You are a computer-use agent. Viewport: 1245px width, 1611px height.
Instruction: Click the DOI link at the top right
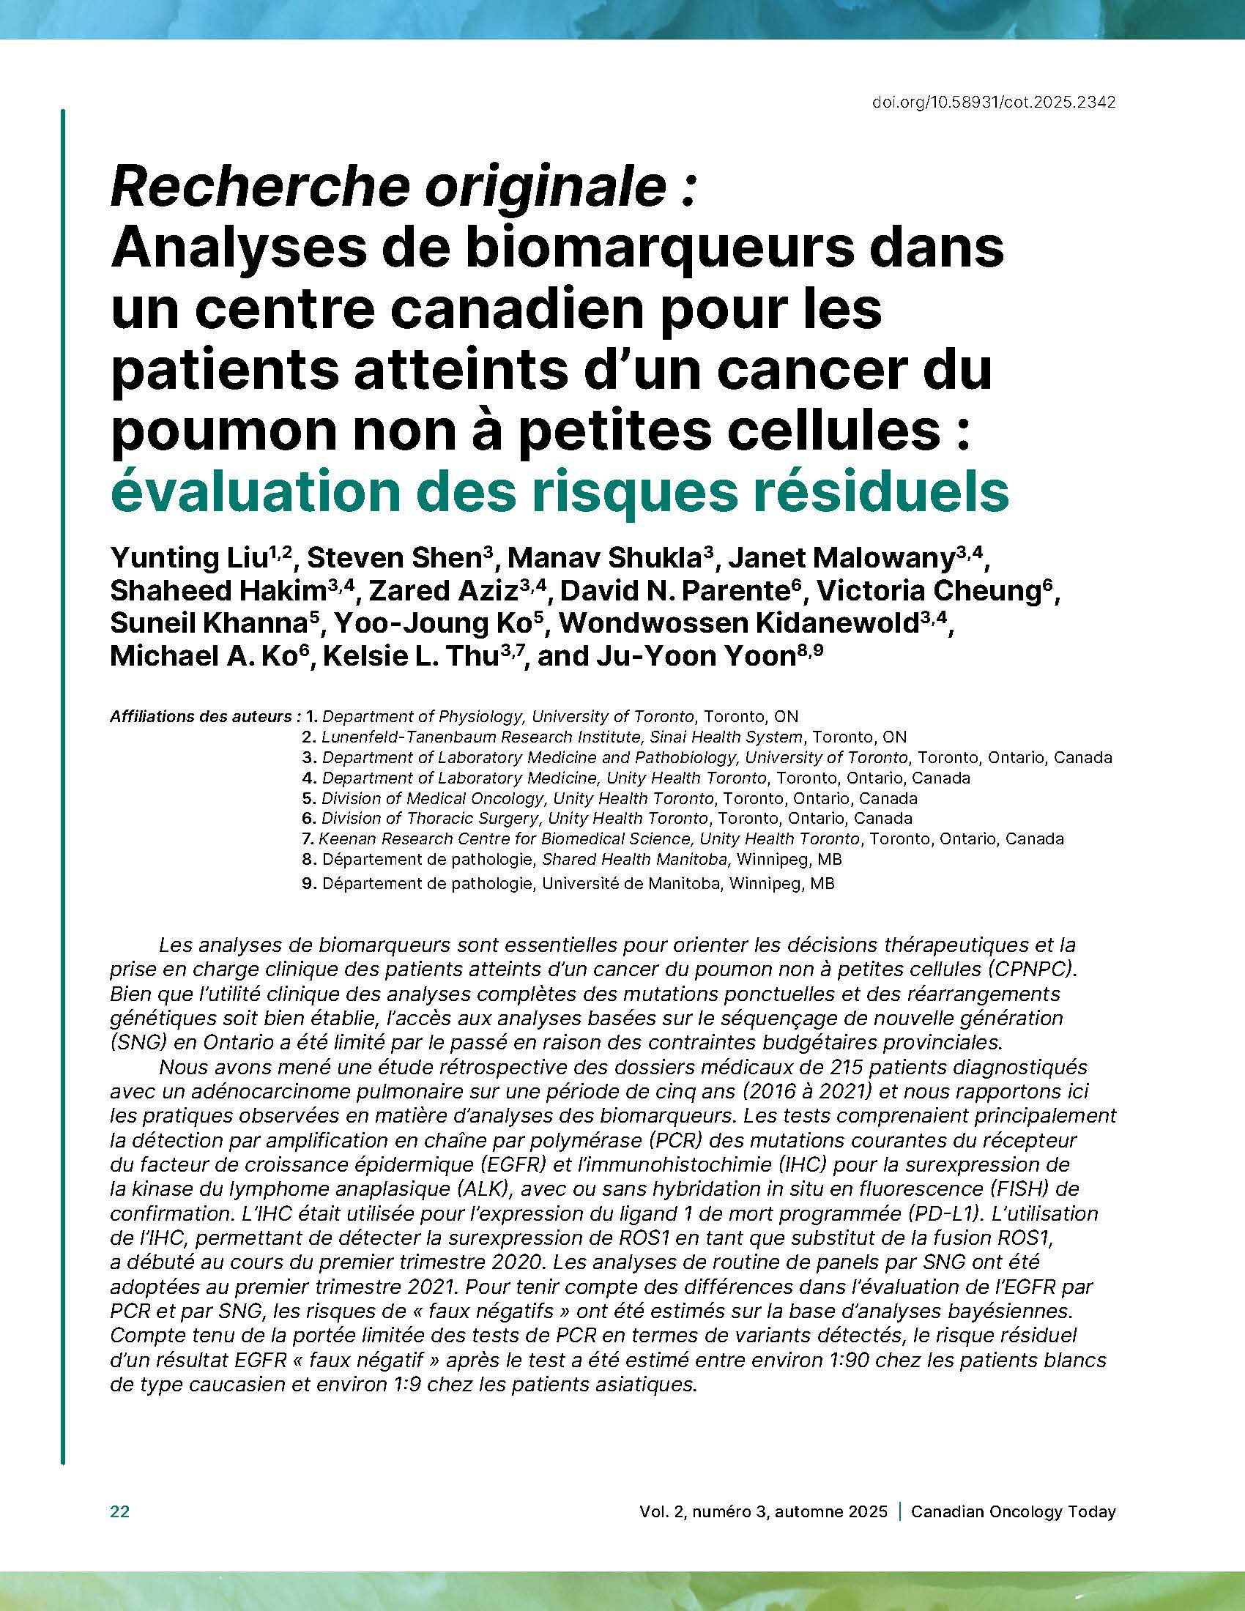pos(994,103)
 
